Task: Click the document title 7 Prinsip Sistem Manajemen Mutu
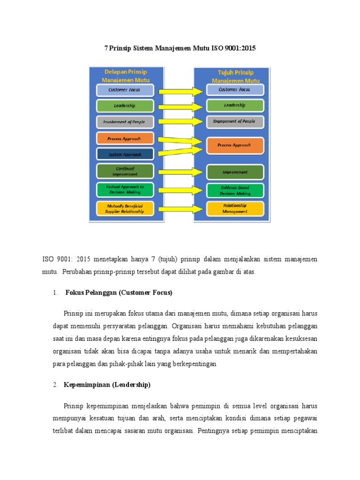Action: [x=180, y=48]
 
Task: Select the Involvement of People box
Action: [x=125, y=122]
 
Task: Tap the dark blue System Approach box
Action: [x=125, y=154]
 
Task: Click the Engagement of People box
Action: [x=234, y=121]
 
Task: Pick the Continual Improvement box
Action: [x=125, y=171]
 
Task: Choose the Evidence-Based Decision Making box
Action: [x=235, y=190]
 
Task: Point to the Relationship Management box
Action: [x=235, y=209]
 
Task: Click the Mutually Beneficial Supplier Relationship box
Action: [x=125, y=209]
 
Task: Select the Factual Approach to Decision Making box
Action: [x=125, y=189]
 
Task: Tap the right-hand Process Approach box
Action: [x=234, y=145]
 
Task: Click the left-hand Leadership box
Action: [x=125, y=106]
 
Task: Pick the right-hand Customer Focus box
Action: [x=234, y=90]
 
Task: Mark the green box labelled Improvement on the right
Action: [x=235, y=172]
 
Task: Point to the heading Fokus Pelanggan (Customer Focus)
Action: [x=119, y=293]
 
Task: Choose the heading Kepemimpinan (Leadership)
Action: [x=108, y=385]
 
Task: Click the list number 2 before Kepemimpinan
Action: [x=54, y=385]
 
